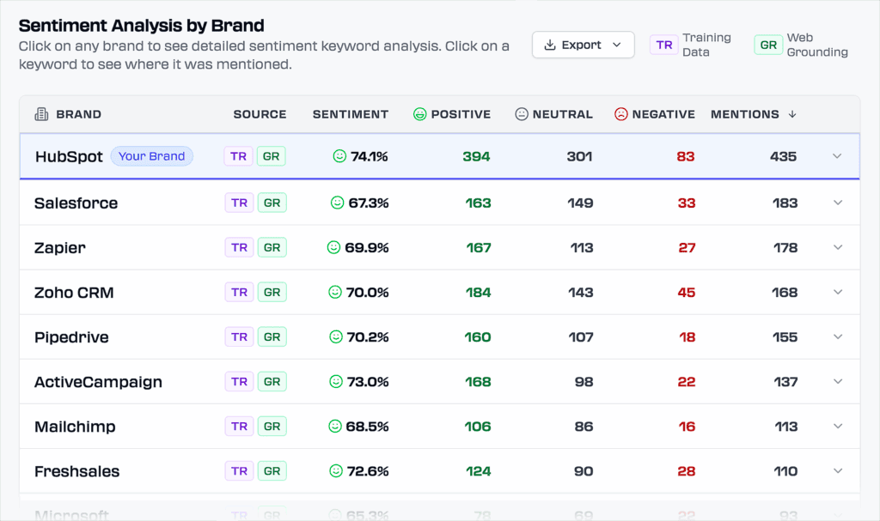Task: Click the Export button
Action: [583, 45]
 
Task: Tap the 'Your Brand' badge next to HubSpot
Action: [151, 156]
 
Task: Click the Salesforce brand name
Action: [76, 203]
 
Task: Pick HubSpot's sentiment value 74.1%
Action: [369, 156]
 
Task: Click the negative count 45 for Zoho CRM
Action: [686, 293]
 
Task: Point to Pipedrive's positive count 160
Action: [477, 337]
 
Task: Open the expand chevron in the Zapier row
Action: [838, 247]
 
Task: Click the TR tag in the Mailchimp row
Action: [239, 427]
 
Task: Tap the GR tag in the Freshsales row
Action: [272, 471]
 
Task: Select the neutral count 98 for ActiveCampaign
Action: [584, 382]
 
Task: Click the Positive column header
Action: [452, 114]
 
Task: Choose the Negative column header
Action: [654, 114]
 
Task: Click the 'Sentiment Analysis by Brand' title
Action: [142, 26]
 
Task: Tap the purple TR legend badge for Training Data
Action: [663, 45]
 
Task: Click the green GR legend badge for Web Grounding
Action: [767, 45]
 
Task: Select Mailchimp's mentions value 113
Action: [785, 427]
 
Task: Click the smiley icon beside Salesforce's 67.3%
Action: [338, 203]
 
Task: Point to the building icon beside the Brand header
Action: [41, 114]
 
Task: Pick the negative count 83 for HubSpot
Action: [685, 156]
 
